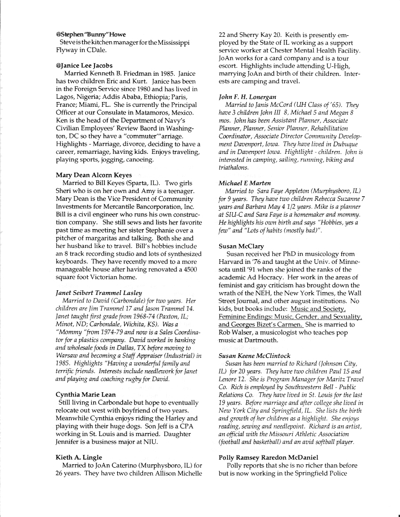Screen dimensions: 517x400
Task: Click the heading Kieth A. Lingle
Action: point(78,457)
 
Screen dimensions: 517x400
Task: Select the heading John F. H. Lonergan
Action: point(248,96)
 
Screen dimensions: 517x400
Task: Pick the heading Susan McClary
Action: point(240,246)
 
